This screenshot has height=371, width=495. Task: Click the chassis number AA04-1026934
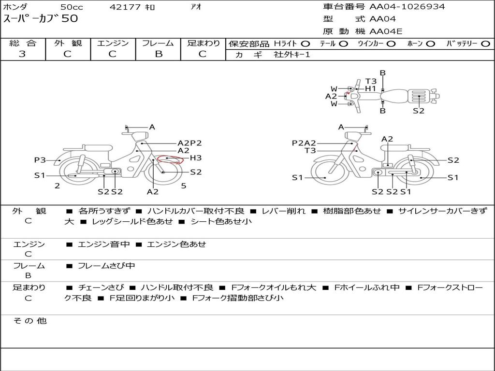[x=407, y=6]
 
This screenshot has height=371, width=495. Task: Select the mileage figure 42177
[x=125, y=7]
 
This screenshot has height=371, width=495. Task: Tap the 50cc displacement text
[x=72, y=7]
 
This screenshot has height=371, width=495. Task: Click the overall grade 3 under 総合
[x=22, y=54]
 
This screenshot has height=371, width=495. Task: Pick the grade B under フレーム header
[x=159, y=54]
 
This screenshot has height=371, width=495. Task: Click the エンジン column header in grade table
[x=113, y=43]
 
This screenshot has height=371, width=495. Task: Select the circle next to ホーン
[x=430, y=44]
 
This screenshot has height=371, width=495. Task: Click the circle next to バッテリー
[x=485, y=44]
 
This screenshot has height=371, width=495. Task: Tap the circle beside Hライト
[x=306, y=44]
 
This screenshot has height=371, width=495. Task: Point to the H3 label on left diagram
[x=196, y=158]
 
